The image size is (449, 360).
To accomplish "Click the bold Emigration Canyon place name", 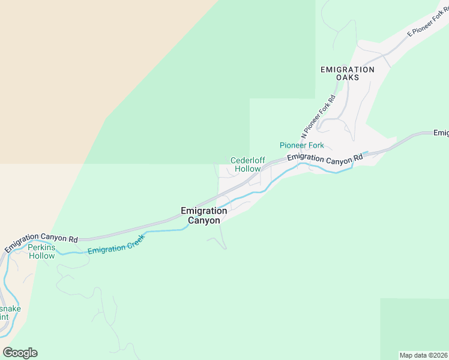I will [203, 215].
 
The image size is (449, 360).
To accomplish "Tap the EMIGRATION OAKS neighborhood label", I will [347, 73].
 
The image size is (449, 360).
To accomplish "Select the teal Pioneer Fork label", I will [301, 145].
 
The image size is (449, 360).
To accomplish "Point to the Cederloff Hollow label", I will [247, 164].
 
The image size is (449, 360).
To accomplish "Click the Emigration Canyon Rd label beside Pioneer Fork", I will [325, 158].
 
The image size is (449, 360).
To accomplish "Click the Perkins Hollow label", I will [41, 251].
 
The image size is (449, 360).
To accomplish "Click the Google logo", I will [20, 353].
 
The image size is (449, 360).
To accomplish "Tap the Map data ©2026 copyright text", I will [424, 355].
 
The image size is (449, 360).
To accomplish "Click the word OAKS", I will [348, 77].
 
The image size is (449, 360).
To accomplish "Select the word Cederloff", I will [247, 160].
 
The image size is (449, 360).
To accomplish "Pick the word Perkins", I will [41, 247].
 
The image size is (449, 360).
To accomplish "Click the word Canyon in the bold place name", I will [203, 220].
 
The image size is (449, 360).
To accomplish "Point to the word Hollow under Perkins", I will [41, 256].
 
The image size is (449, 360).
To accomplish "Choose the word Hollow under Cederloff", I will [247, 169].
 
